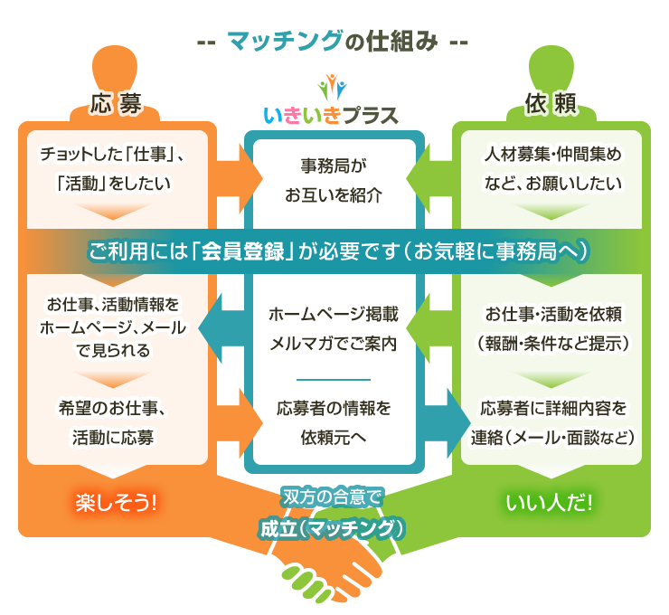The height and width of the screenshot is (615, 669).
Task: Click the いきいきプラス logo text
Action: [331, 116]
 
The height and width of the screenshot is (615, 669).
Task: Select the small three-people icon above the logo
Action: [332, 86]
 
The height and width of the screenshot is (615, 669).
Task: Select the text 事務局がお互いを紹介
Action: [334, 180]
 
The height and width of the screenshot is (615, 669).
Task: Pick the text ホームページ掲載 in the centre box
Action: [334, 316]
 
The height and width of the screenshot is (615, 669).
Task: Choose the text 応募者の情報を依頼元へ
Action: [334, 421]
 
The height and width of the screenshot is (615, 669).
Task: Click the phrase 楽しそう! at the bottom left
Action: [116, 501]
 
